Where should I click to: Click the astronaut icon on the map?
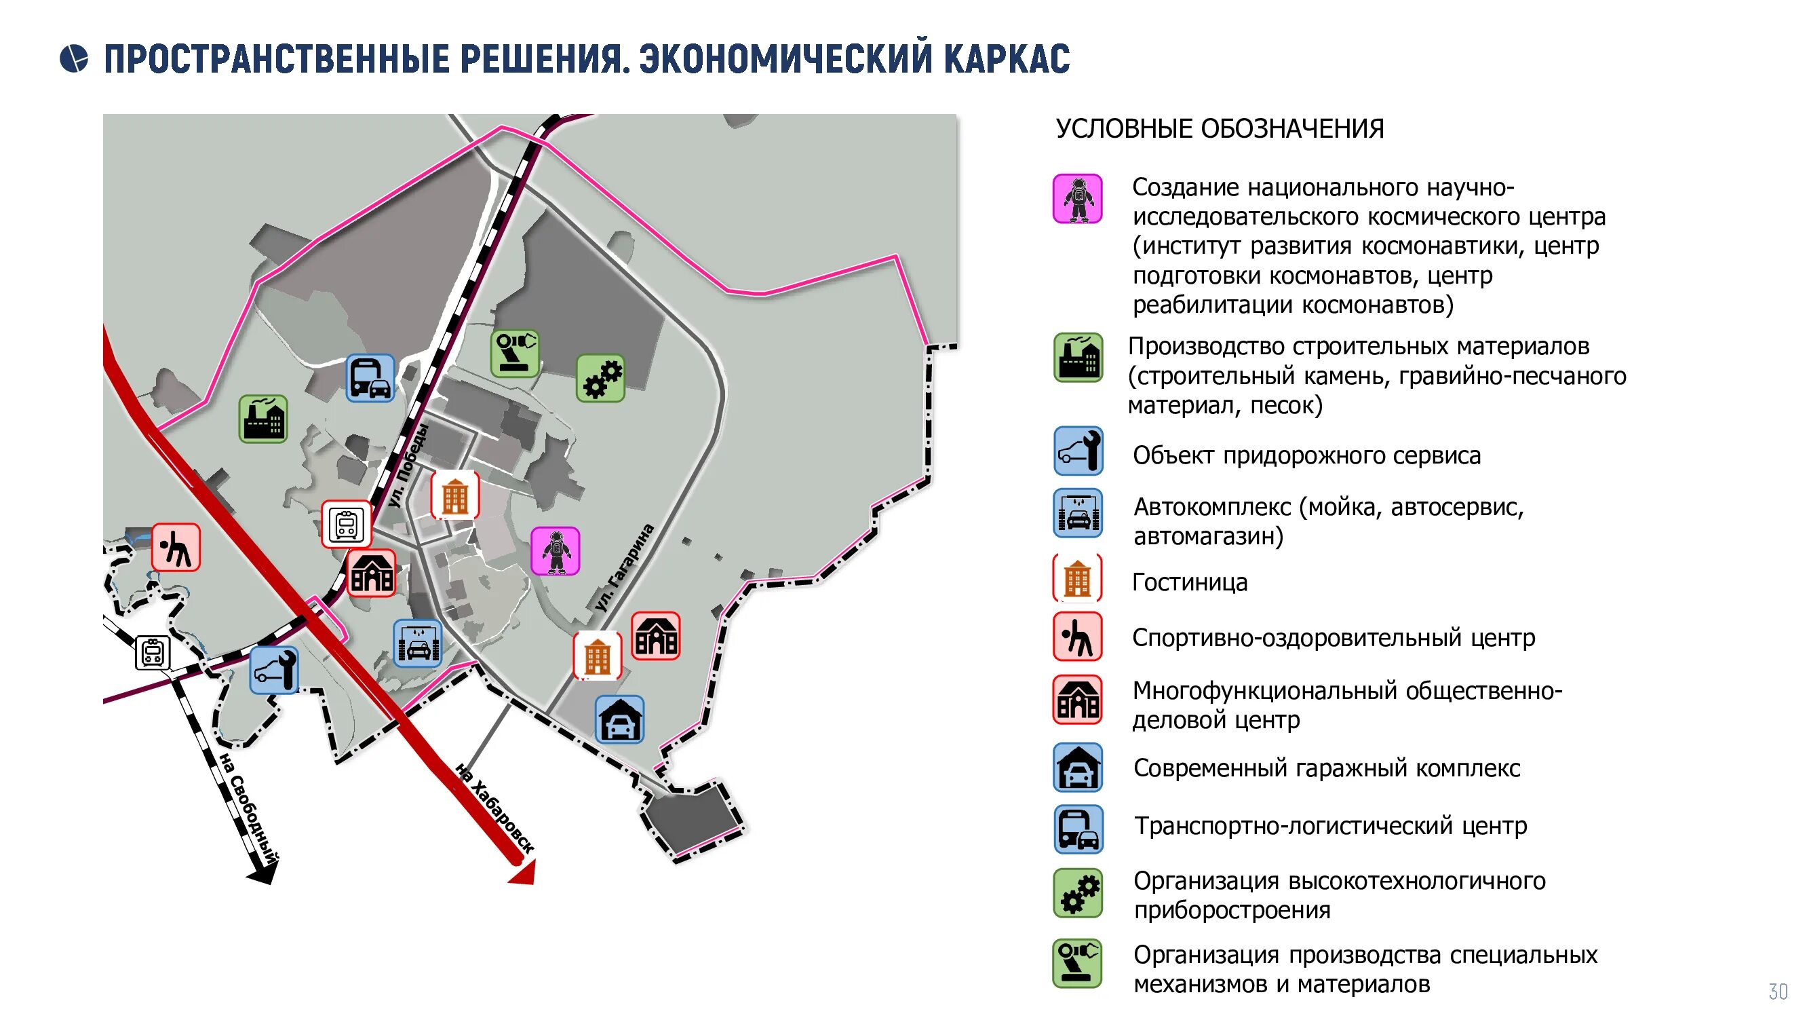click(x=555, y=551)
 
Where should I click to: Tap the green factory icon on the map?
click(x=263, y=419)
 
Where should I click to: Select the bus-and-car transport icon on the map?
click(x=370, y=378)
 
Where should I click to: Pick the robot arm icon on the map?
click(x=515, y=353)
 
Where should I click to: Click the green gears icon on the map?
click(x=600, y=378)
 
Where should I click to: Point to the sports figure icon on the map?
click(x=176, y=547)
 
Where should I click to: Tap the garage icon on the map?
click(x=619, y=719)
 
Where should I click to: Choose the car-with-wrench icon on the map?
click(x=274, y=671)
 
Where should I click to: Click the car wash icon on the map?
click(x=418, y=643)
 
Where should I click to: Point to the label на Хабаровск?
click(x=494, y=808)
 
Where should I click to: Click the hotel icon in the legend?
click(x=1077, y=579)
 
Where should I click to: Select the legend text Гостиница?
click(x=1190, y=582)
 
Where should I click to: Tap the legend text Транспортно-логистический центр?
click(x=1330, y=825)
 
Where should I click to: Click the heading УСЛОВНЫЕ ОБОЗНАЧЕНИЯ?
click(x=1220, y=129)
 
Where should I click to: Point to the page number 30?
click(x=1777, y=992)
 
